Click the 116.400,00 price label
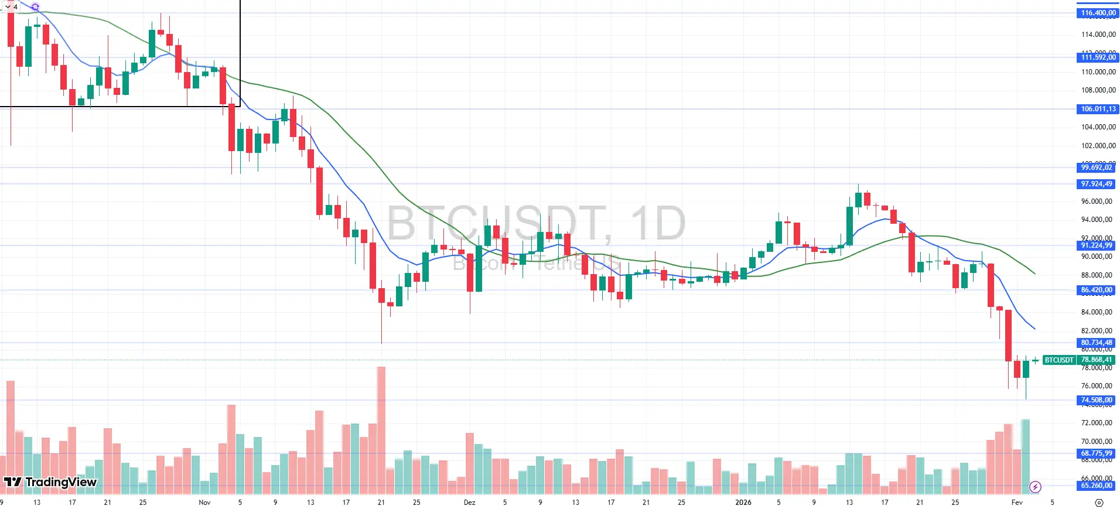click(1098, 13)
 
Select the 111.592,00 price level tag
click(1098, 57)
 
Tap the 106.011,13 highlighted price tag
click(1098, 109)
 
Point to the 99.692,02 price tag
click(1096, 168)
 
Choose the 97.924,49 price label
click(1096, 184)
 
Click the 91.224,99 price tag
click(1096, 245)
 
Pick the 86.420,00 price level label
click(1096, 290)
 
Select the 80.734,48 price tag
click(1096, 343)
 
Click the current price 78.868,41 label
click(1096, 360)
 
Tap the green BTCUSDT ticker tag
click(1059, 360)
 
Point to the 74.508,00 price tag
click(1096, 400)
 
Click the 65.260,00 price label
click(1096, 486)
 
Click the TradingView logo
click(50, 482)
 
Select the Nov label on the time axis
click(204, 503)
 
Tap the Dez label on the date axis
click(469, 503)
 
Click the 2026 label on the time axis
click(743, 503)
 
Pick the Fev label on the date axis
click(1017, 503)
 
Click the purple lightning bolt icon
click(1035, 487)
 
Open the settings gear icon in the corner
click(1099, 503)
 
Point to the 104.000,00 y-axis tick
click(1098, 127)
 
